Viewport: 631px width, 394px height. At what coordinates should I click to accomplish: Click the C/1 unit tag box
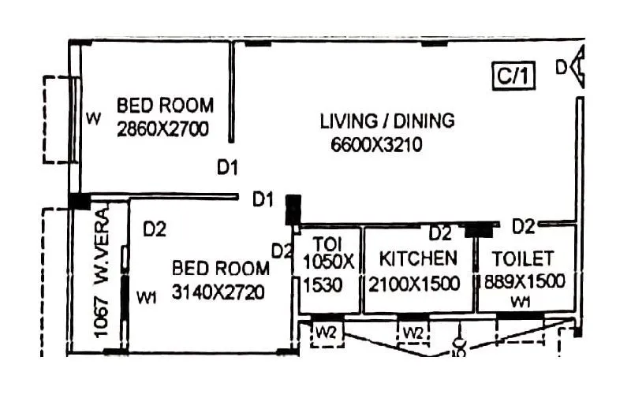[x=514, y=76]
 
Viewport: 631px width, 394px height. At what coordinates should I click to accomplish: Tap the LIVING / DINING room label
[x=387, y=121]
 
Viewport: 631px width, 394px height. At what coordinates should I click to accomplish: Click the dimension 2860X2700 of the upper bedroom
[x=162, y=129]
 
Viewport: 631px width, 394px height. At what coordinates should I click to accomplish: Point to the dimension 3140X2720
[x=218, y=292]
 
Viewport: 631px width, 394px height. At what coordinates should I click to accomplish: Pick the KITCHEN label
[x=418, y=258]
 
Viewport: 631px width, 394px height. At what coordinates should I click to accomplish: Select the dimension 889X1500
[x=525, y=282]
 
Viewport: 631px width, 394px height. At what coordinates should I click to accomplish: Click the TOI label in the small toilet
[x=327, y=242]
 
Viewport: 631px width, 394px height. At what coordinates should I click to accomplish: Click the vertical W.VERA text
[x=103, y=245]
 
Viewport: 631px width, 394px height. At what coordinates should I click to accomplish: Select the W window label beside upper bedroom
[x=94, y=120]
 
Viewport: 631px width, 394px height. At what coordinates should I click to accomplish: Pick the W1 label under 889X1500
[x=520, y=303]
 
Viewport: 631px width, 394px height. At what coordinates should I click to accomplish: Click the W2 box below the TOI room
[x=326, y=332]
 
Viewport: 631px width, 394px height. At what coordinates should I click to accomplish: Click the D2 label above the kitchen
[x=439, y=234]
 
